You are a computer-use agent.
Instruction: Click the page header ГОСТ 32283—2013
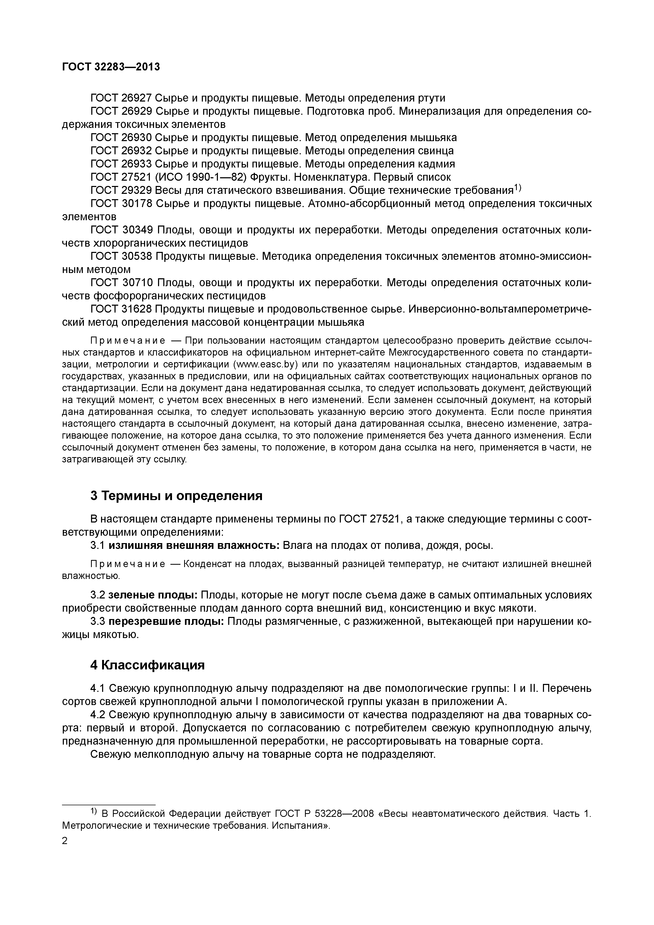click(111, 67)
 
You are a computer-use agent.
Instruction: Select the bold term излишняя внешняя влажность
click(194, 546)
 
